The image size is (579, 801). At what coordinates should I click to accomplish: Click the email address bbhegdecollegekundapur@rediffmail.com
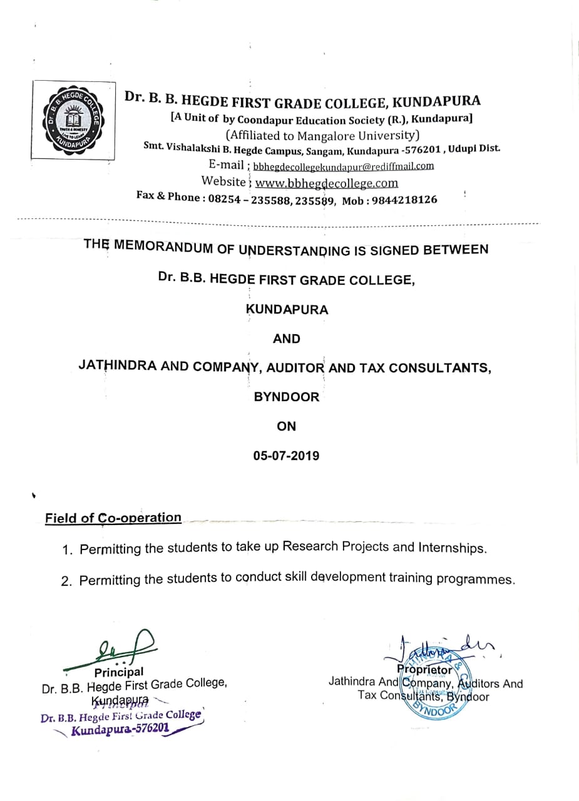pyautogui.click(x=343, y=166)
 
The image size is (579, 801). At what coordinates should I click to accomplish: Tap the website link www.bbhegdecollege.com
pyautogui.click(x=327, y=183)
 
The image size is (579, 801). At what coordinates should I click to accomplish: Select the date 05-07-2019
pyautogui.click(x=286, y=456)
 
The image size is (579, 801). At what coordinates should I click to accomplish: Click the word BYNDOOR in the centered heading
pyautogui.click(x=286, y=397)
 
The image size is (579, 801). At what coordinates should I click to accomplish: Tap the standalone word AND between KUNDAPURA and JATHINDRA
pyautogui.click(x=286, y=339)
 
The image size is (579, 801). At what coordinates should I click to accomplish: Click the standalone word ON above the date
pyautogui.click(x=286, y=426)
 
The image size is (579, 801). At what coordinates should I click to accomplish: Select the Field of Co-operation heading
pyautogui.click(x=113, y=518)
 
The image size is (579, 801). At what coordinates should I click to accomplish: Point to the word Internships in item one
pyautogui.click(x=448, y=548)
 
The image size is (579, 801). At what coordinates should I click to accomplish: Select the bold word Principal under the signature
pyautogui.click(x=118, y=672)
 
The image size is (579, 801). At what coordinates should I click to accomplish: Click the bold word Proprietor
pyautogui.click(x=424, y=670)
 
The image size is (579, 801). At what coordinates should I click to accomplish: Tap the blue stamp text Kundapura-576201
pyautogui.click(x=120, y=729)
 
